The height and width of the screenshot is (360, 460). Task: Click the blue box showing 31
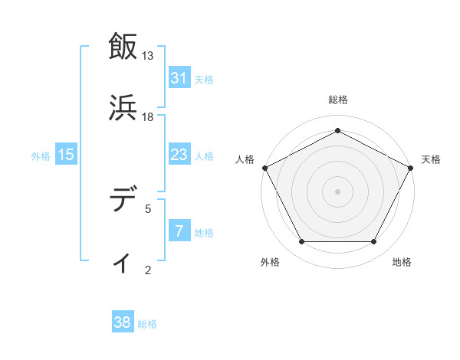pyautogui.click(x=179, y=78)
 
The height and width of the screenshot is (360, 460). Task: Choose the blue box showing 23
pyautogui.click(x=179, y=155)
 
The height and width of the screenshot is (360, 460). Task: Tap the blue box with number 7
pyautogui.click(x=179, y=231)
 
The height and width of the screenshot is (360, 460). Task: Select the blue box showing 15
pyautogui.click(x=66, y=155)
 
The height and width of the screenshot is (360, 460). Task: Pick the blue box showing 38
pyautogui.click(x=123, y=323)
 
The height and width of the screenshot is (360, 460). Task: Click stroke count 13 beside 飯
pyautogui.click(x=148, y=56)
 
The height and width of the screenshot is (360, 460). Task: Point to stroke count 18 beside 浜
pyautogui.click(x=148, y=116)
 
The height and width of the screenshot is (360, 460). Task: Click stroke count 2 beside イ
pyautogui.click(x=148, y=270)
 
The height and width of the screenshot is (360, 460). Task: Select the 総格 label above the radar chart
pyautogui.click(x=338, y=100)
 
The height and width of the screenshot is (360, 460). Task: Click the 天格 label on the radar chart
pyautogui.click(x=431, y=159)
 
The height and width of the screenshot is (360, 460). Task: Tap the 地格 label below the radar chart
pyautogui.click(x=402, y=263)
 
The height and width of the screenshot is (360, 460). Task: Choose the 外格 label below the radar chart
pyautogui.click(x=270, y=263)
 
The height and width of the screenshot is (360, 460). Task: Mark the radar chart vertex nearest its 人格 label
pyautogui.click(x=264, y=167)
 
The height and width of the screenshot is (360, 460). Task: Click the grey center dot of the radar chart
pyautogui.click(x=338, y=191)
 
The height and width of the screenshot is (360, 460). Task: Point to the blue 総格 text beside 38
pyautogui.click(x=148, y=324)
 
